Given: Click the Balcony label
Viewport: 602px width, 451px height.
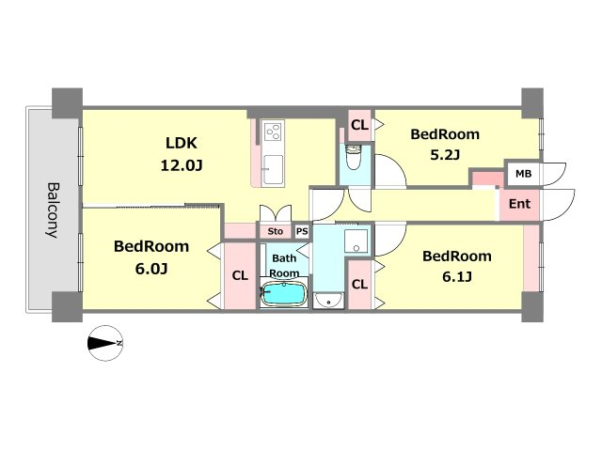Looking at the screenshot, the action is coord(54,210).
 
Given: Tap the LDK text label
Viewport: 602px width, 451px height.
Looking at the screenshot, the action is coord(182,143).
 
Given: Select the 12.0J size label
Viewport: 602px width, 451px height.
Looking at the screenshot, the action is coord(182,165).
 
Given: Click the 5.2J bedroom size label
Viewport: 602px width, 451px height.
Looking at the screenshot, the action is coord(445,154).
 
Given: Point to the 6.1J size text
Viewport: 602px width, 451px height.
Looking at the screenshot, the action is coord(457,276).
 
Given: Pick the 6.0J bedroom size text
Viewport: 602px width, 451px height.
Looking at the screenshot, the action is coord(151,269).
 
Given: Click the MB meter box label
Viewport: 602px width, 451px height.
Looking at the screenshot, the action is coord(523,174).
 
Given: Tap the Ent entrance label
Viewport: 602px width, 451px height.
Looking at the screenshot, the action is coord(519,204).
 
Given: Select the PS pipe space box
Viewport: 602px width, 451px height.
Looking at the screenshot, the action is coord(302,231).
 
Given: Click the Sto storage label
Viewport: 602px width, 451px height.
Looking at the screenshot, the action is coord(275,231).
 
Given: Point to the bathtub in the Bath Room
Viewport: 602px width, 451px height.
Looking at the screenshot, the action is coord(284,294).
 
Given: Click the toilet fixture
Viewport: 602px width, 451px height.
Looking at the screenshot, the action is coord(354,157).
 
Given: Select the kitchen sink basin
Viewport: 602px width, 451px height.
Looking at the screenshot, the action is coord(274,169).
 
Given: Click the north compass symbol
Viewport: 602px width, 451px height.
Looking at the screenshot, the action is coord(105,343).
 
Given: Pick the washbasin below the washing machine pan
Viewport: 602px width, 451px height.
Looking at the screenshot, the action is coord(328,301).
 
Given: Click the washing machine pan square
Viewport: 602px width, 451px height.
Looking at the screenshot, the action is coord(356,241).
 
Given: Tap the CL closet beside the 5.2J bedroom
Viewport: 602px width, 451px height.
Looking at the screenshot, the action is coord(359,125).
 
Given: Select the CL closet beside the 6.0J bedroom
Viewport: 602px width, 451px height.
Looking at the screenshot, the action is coord(240,275).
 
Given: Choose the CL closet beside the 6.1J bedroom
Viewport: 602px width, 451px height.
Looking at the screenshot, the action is coord(359,284).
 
